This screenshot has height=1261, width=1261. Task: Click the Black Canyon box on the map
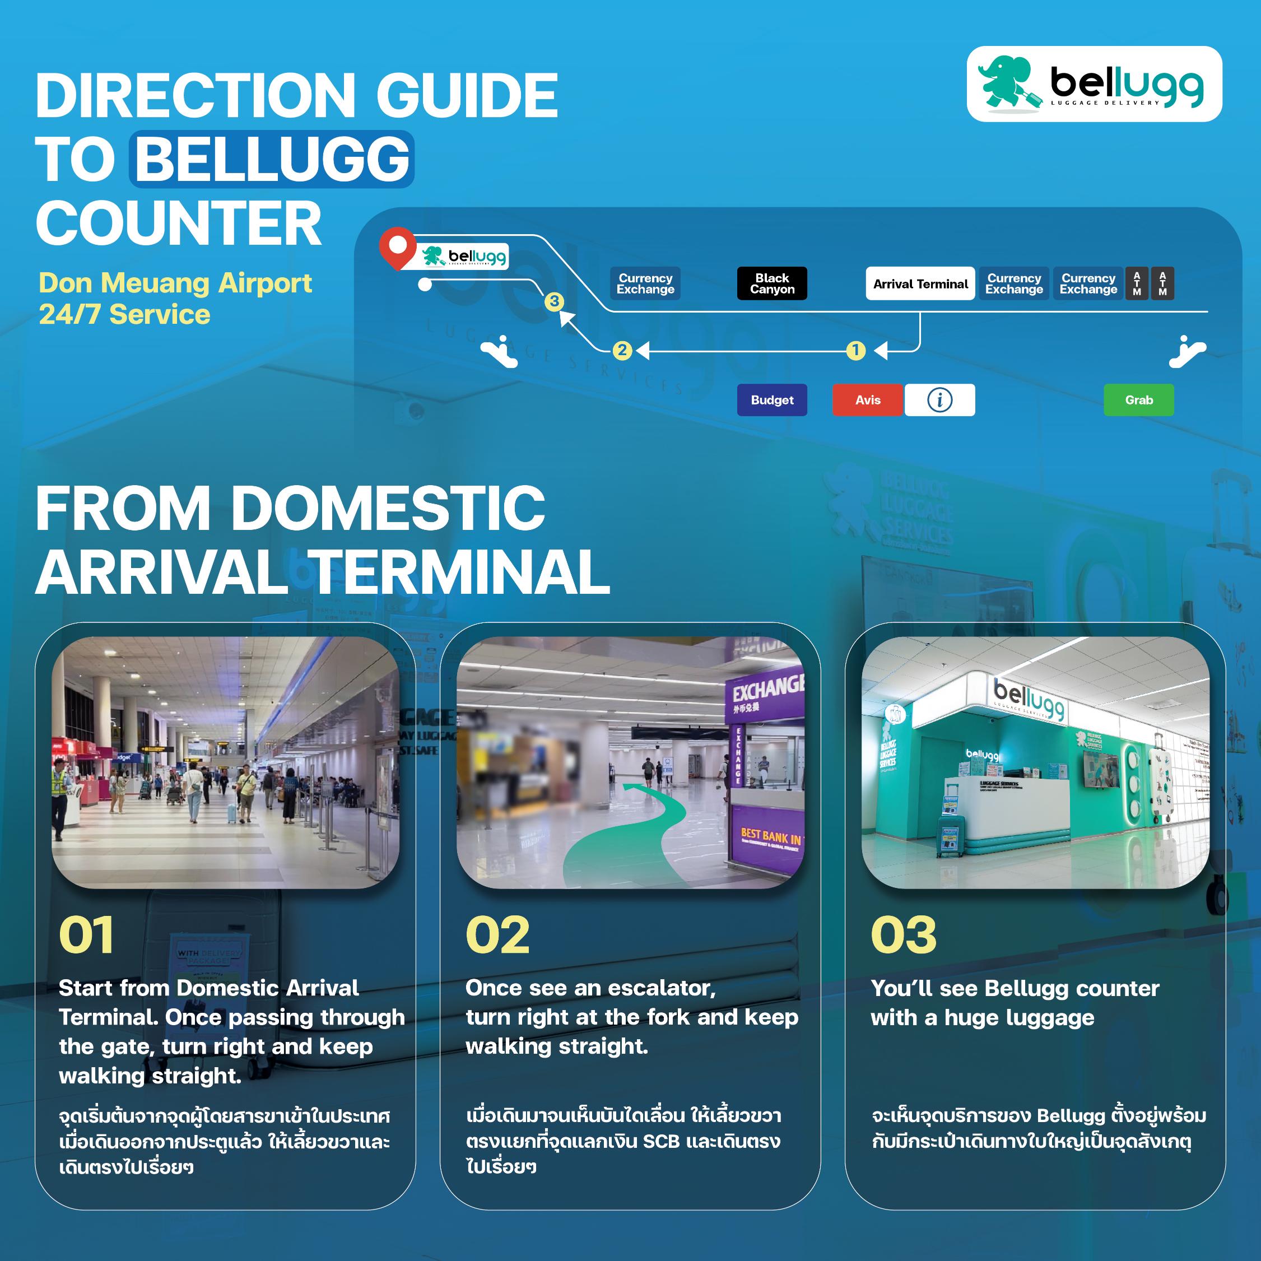pos(771,283)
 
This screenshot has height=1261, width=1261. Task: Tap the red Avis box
pos(867,400)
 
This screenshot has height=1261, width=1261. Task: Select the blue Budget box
pos(771,400)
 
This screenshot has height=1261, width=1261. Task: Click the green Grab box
pos(1138,400)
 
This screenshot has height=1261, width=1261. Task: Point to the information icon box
pos(939,400)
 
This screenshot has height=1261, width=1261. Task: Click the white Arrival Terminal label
pos(920,283)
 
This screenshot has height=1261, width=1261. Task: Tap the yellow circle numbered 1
pos(855,351)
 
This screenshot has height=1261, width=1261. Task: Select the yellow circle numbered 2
pos(622,351)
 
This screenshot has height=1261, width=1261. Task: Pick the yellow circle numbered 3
pos(554,301)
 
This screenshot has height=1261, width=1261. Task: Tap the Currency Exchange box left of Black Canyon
pos(645,283)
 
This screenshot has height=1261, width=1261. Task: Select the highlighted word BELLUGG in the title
pos(272,159)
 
